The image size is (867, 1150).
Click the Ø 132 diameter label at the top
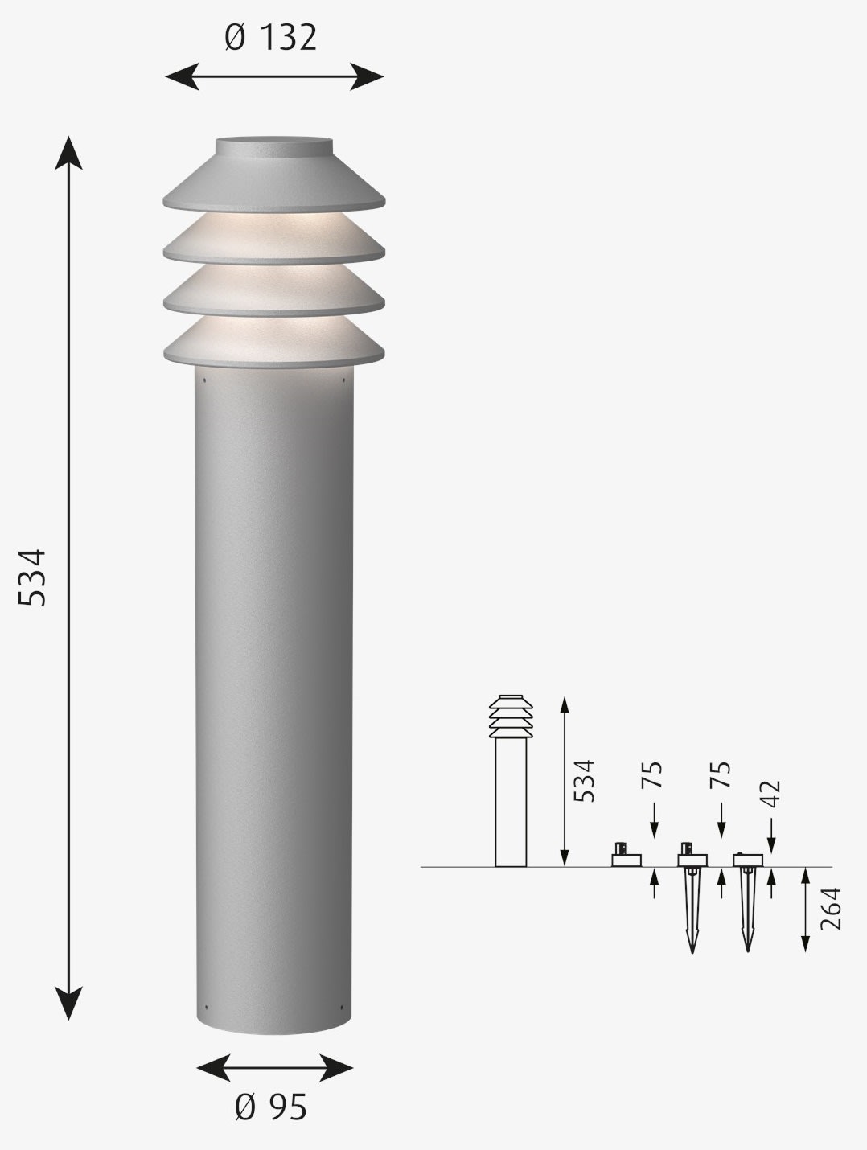pos(271,38)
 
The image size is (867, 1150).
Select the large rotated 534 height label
pos(32,577)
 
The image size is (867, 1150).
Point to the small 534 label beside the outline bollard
pos(584,781)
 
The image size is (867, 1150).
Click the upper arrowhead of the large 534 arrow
pos(68,153)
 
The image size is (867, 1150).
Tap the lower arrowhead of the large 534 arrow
pos(68,1003)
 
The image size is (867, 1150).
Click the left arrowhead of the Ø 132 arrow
pos(182,76)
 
